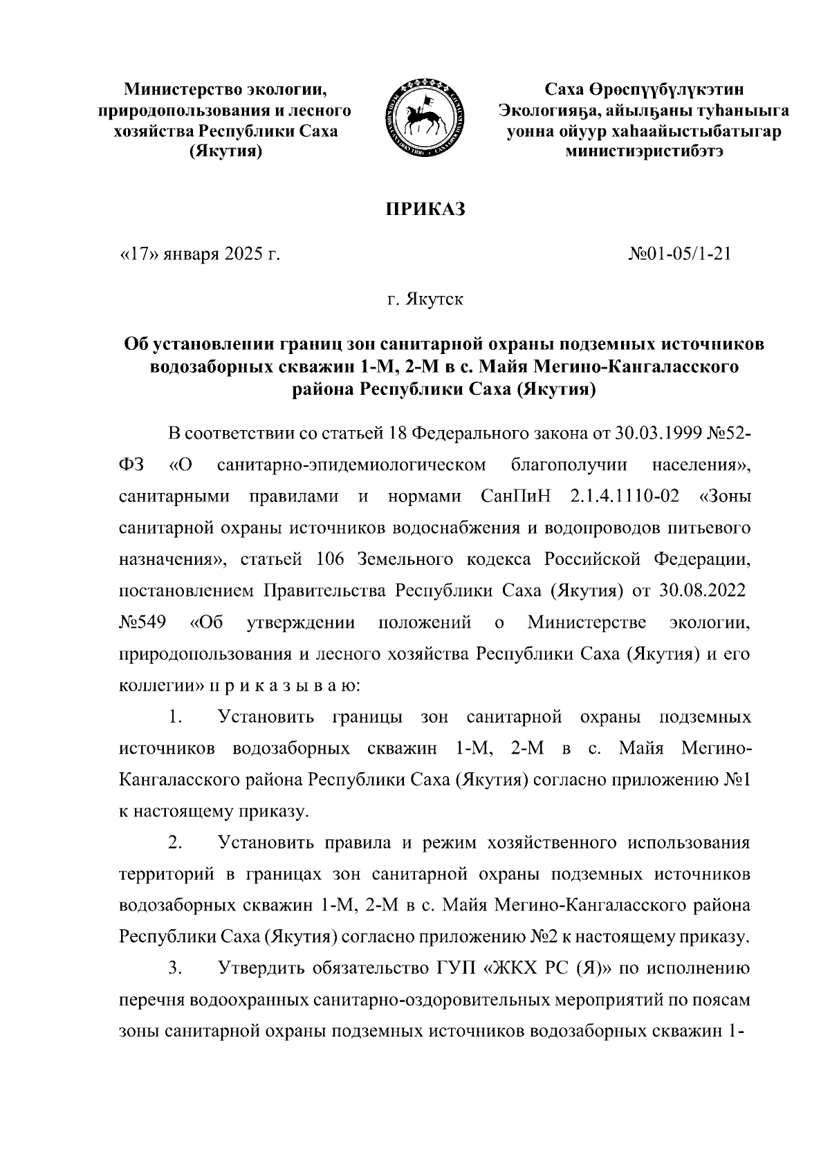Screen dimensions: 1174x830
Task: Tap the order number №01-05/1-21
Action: coord(679,255)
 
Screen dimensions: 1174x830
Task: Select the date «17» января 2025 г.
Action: coord(201,255)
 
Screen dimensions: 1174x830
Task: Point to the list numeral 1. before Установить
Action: coord(175,718)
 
